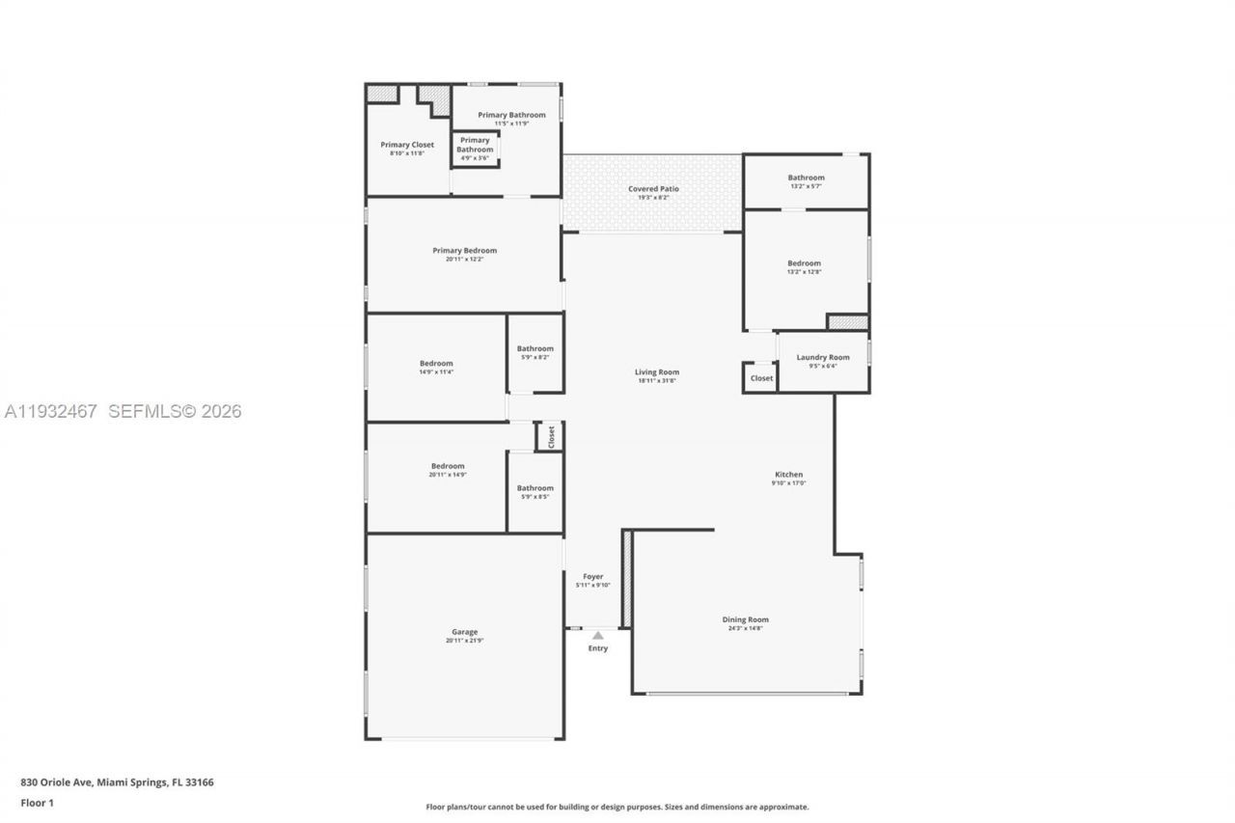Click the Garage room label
click(x=464, y=633)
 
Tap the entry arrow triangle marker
click(x=598, y=635)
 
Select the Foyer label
click(x=592, y=577)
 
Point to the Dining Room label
click(x=745, y=620)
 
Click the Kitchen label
click(x=788, y=475)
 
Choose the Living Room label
click(x=656, y=372)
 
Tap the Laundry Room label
click(x=822, y=358)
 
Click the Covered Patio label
click(x=653, y=189)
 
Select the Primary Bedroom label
click(x=464, y=251)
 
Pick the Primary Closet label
click(x=406, y=145)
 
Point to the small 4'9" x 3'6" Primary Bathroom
click(x=475, y=145)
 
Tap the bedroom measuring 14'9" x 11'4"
click(x=436, y=364)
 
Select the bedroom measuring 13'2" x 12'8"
click(x=804, y=263)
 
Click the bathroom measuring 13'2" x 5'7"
click(x=806, y=178)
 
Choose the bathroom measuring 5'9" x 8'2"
click(x=535, y=349)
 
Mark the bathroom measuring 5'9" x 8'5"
click(x=535, y=488)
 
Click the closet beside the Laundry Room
click(x=761, y=378)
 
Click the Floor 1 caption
click(x=37, y=803)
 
